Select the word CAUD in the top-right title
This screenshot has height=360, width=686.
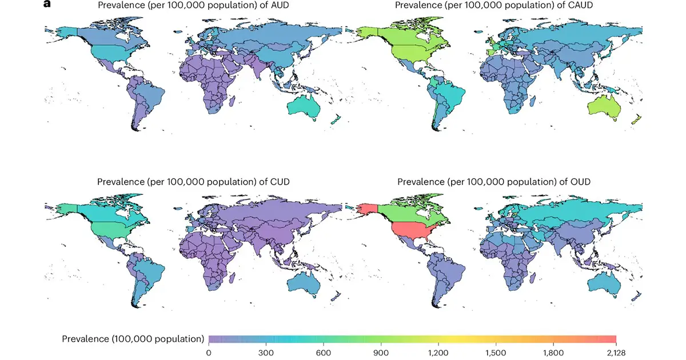click(578, 6)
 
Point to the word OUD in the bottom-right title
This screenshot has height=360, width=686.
click(580, 182)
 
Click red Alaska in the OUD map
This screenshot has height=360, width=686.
click(366, 208)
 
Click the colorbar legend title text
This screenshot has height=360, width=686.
click(133, 338)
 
